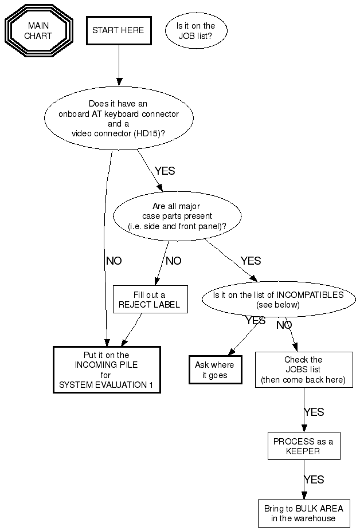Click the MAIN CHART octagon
point(38,31)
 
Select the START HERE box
point(118,30)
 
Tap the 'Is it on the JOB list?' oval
point(195,30)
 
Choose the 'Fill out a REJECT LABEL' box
point(150,300)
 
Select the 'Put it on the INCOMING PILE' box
point(106,370)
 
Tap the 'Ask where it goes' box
point(214,370)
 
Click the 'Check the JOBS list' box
point(303,370)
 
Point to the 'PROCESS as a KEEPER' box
point(303,446)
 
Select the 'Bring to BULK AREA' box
point(303,513)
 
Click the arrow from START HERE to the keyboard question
point(119,63)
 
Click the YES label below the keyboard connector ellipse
point(165,171)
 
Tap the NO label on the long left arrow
point(114,261)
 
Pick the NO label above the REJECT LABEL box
point(173,261)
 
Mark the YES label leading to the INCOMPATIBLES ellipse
point(251,261)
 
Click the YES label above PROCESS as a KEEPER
point(314,412)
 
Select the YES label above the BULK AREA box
point(314,479)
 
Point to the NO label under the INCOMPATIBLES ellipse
point(284,325)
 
